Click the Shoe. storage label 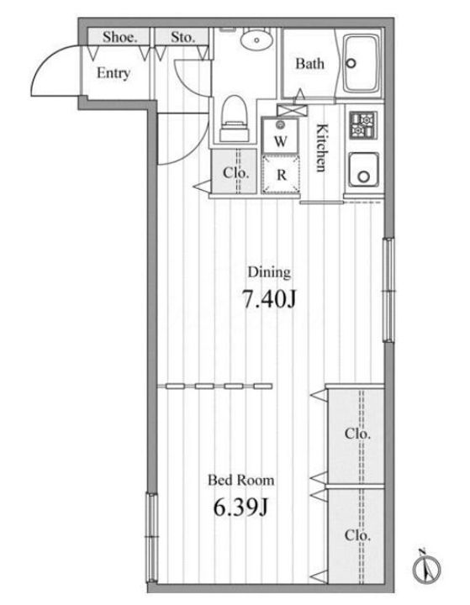click(119, 37)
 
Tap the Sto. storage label click(182, 37)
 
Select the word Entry click(113, 73)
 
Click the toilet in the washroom click(234, 118)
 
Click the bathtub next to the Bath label click(362, 64)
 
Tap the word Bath click(309, 63)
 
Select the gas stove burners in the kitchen click(362, 125)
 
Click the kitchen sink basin click(363, 170)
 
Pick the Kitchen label click(321, 148)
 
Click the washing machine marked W click(280, 135)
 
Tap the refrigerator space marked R click(281, 175)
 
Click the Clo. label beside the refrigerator click(235, 172)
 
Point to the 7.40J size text click(269, 299)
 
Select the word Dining click(269, 272)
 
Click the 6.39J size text click(240, 508)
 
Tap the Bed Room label click(241, 481)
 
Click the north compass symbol click(426, 567)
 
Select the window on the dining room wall click(389, 290)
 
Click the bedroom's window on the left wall click(152, 538)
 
